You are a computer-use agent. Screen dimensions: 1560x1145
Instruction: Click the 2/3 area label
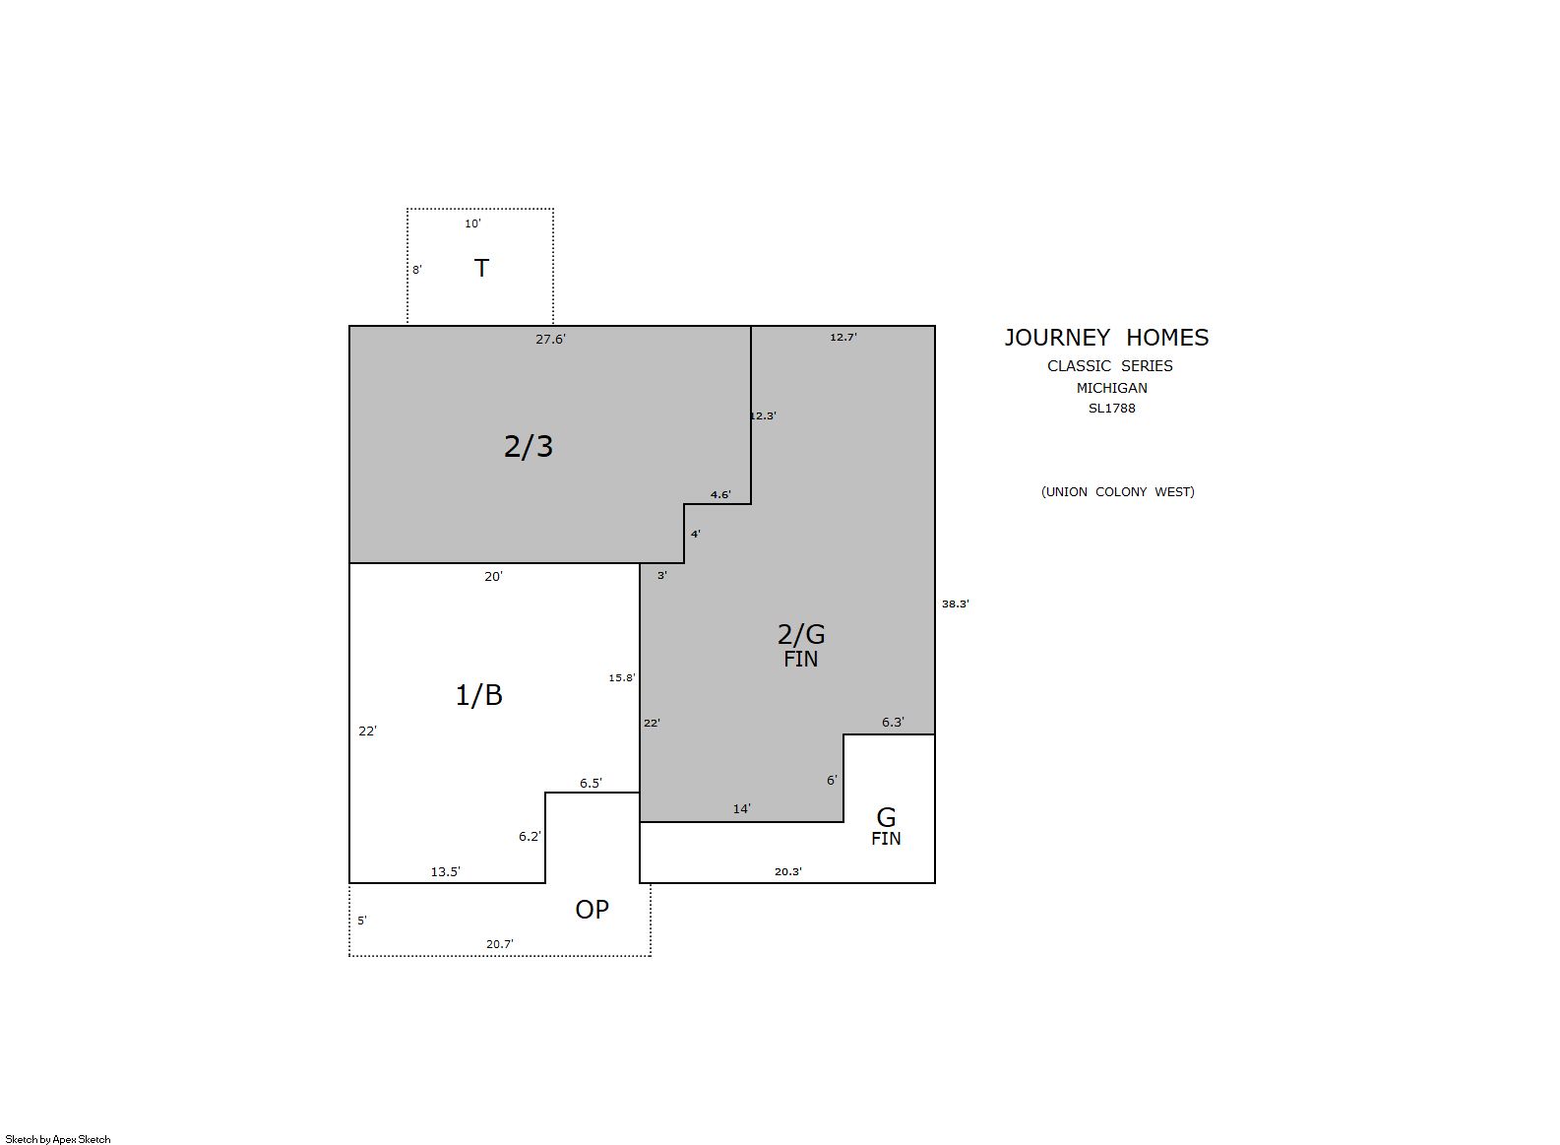coord(528,446)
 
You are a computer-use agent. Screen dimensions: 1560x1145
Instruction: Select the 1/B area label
coord(478,695)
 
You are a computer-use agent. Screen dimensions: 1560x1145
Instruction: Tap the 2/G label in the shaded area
coord(801,634)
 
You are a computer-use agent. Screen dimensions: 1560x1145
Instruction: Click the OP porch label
coord(592,910)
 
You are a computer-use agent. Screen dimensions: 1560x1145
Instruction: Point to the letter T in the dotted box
coord(481,268)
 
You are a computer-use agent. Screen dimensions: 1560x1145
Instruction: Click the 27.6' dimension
coord(550,340)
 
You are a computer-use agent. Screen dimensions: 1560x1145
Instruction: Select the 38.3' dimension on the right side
coord(955,604)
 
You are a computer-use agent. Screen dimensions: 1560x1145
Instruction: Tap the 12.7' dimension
coord(842,337)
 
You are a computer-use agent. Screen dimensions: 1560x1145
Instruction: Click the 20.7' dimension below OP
coord(499,944)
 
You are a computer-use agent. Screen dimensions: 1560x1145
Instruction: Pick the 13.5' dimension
coord(445,872)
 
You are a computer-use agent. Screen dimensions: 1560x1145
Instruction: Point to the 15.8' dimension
coord(621,677)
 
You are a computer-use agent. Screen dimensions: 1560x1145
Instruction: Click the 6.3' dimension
coord(893,723)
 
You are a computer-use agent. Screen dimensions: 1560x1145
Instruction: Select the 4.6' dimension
coord(720,494)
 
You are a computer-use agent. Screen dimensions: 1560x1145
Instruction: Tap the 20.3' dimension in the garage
coord(787,871)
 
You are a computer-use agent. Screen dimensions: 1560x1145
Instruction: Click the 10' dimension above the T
coord(472,223)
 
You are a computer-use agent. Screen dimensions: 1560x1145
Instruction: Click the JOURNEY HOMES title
coord(1106,338)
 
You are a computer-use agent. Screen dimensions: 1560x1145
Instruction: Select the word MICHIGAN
coord(1111,388)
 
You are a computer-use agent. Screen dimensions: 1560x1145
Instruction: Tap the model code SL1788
coord(1111,409)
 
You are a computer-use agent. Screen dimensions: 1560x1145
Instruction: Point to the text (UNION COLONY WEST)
coord(1117,491)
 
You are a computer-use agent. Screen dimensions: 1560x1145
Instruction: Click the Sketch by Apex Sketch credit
coord(58,1139)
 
